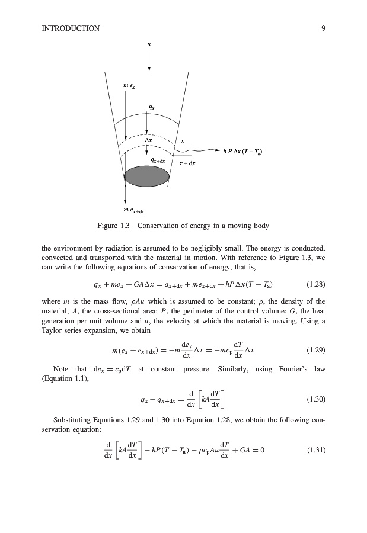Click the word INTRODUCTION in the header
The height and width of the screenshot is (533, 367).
71,28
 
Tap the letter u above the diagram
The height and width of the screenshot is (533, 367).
149,43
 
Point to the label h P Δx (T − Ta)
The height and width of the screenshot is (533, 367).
243,151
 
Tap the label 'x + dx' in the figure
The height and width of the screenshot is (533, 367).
187,163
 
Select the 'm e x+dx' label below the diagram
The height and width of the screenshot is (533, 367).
133,210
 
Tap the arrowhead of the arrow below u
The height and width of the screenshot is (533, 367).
149,68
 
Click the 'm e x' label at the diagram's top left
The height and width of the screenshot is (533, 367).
129,87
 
